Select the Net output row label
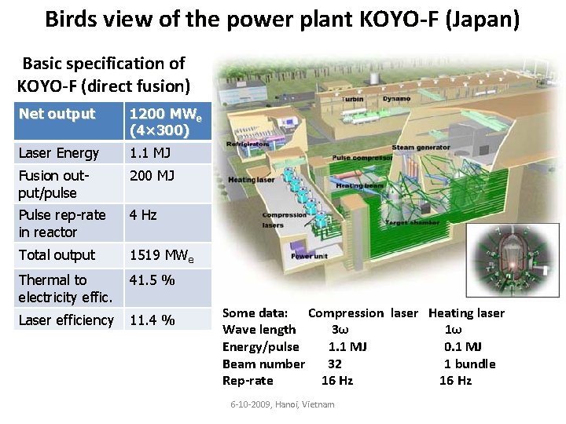point(57,114)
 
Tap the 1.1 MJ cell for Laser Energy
point(149,152)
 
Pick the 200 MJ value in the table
point(152,175)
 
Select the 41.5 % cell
point(152,280)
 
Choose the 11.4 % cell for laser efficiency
point(152,320)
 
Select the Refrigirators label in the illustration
point(247,144)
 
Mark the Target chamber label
point(407,223)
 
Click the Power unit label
point(307,256)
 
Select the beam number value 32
point(335,364)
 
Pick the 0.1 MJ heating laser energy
point(463,346)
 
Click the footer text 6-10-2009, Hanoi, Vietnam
point(282,404)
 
